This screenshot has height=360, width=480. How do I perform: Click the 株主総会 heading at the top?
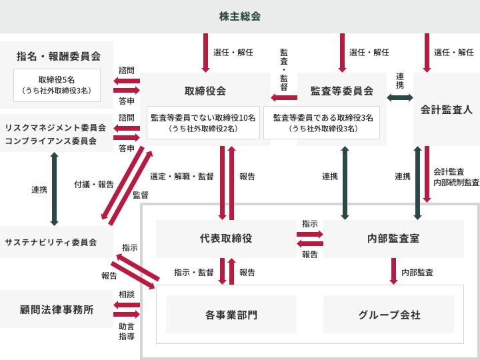240,16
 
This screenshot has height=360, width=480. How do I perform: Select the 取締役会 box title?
205,91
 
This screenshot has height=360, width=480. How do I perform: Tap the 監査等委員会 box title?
341,91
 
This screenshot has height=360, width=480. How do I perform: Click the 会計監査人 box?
446,109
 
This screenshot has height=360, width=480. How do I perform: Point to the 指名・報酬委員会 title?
58,56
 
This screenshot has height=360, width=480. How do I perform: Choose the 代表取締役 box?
225,238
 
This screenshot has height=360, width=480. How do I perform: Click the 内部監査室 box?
393,238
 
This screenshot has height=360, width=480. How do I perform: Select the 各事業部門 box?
231,315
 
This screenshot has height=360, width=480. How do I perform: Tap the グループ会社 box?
389,315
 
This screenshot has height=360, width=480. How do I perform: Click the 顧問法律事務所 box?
57,309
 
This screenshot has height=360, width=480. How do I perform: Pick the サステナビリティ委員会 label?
51,242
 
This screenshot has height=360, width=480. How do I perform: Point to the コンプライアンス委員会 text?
51,141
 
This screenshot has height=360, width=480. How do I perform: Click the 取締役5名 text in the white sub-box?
57,79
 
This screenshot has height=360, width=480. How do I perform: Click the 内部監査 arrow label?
417,272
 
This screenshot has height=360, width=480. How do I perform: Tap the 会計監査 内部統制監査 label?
456,177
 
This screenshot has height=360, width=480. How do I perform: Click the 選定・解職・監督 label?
182,177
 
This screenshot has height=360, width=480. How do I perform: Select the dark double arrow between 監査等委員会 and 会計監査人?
399,97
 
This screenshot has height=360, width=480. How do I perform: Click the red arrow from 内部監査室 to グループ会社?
393,271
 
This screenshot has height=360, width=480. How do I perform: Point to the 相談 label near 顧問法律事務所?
127,294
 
